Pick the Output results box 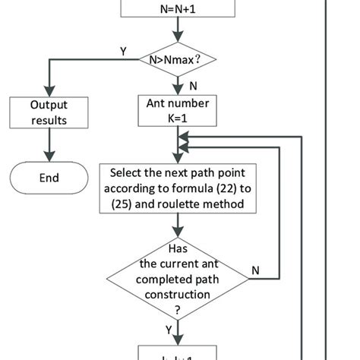coord(49,112)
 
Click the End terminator coord(49,178)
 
